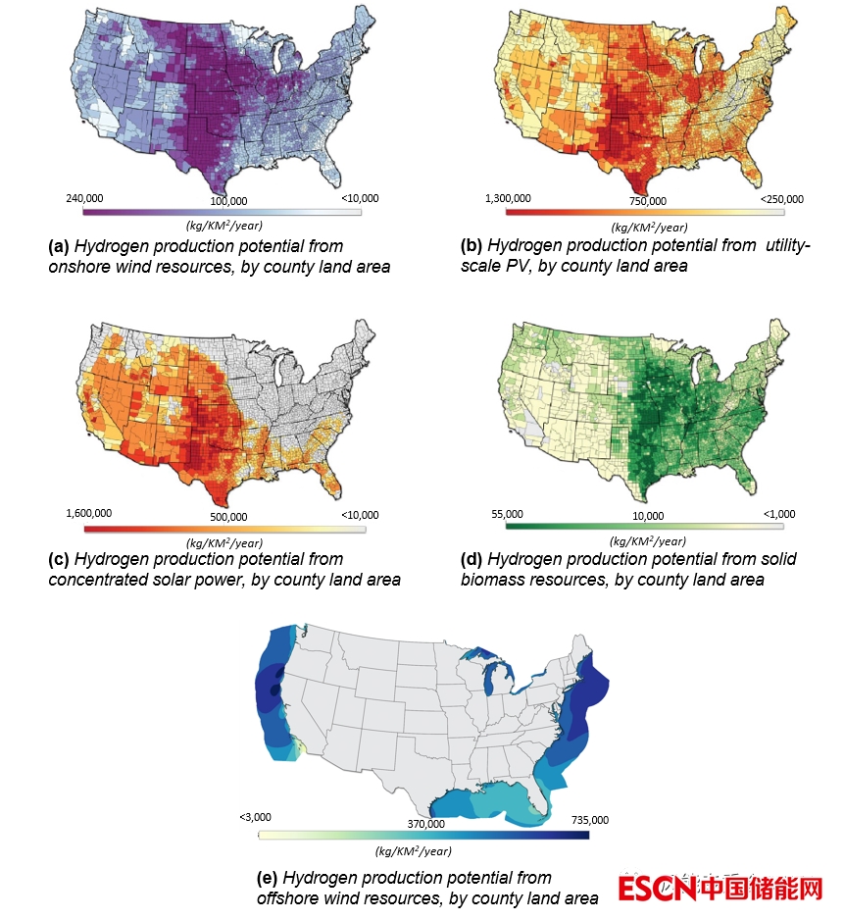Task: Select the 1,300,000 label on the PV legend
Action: point(508,198)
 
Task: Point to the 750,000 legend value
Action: point(646,201)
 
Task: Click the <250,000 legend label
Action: point(781,198)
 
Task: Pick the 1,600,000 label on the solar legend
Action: point(88,514)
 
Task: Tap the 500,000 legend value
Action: point(229,517)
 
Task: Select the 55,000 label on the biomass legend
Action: point(507,514)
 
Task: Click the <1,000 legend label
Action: point(780,514)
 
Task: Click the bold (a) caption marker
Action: point(59,245)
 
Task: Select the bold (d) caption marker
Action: point(472,559)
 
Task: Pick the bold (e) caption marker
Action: point(267,878)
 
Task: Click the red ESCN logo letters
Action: point(657,889)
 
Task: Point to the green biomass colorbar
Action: point(644,527)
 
